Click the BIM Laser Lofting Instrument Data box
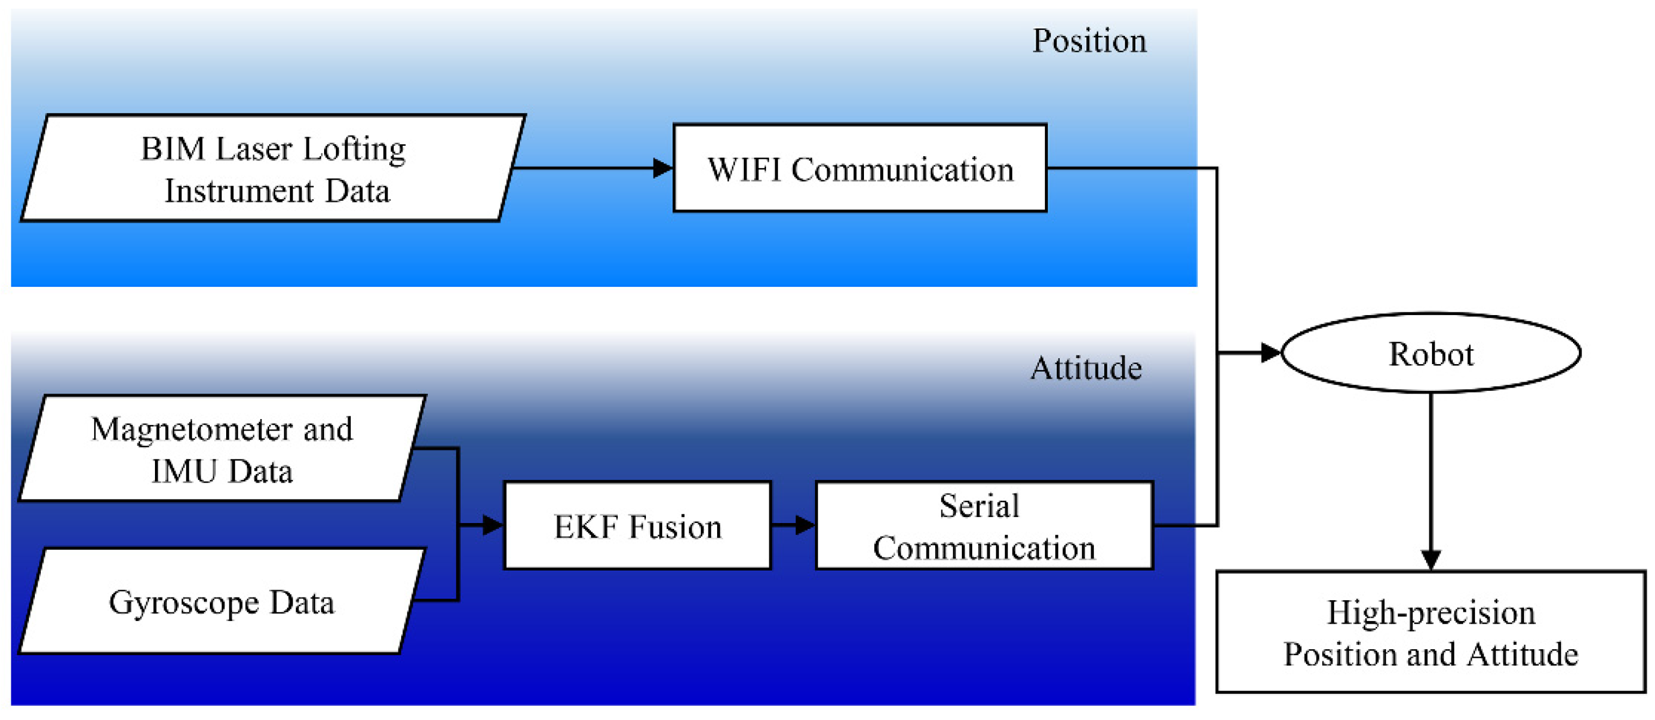tap(273, 168)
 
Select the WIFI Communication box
tap(860, 168)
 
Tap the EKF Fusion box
tap(637, 526)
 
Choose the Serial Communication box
tap(984, 526)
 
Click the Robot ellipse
tap(1431, 353)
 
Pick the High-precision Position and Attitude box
tap(1431, 632)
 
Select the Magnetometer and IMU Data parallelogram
tap(222, 449)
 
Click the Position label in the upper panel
tap(1089, 41)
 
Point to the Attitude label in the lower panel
tap(1086, 368)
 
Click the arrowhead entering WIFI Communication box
tap(662, 168)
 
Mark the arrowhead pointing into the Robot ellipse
tap(1270, 353)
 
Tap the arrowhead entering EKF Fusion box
tap(493, 526)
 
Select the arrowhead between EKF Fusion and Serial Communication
tap(805, 526)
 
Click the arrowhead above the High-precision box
tap(1431, 559)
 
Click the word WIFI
tap(744, 170)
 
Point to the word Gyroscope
tap(184, 603)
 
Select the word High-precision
tap(1431, 612)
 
